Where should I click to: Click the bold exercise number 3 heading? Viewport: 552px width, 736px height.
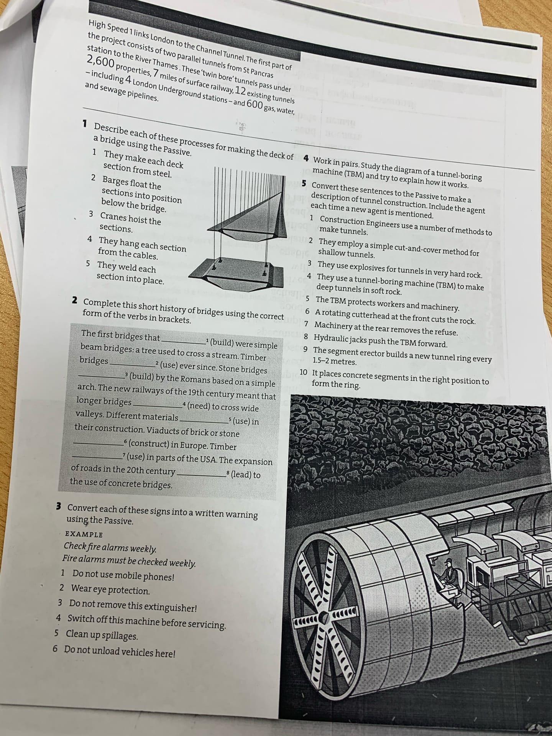(x=59, y=506)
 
